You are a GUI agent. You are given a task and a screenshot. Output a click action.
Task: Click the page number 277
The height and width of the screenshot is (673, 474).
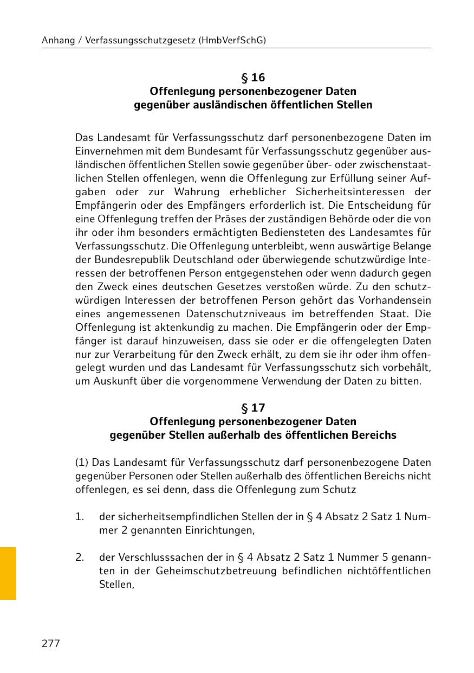point(51,644)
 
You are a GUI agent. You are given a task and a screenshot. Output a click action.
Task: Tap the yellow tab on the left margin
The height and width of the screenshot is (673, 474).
point(8,573)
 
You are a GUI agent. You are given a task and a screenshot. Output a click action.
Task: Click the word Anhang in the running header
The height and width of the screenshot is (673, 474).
point(57,40)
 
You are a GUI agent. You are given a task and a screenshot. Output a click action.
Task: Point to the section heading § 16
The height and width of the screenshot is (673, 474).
point(253,78)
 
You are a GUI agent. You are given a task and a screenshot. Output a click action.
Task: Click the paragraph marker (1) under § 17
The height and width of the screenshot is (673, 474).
point(81,463)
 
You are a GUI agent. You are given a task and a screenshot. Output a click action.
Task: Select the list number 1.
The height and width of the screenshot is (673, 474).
point(80,517)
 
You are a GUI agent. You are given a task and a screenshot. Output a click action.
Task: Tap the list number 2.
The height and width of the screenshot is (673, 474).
point(80,557)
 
